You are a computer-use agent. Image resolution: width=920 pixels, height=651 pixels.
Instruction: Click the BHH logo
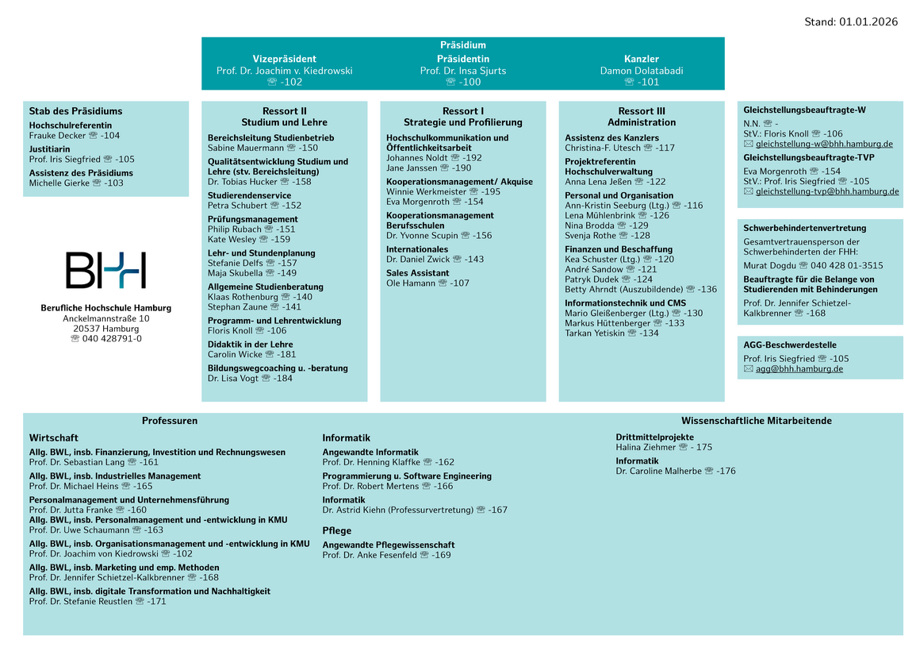[105, 270]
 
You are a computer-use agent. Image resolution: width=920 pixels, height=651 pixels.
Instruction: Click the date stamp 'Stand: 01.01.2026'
[851, 22]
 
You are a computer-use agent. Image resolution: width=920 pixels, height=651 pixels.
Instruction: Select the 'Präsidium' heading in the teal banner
[462, 45]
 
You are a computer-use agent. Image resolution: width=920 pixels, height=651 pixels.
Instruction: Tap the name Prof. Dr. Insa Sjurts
[462, 71]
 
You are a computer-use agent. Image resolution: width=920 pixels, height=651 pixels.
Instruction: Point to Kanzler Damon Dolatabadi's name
[641, 71]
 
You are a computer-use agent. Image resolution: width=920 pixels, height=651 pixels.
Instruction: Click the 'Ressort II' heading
[284, 111]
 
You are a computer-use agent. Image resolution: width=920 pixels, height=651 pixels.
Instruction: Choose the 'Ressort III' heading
[641, 111]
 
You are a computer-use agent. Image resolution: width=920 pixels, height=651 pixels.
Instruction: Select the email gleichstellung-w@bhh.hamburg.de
[824, 144]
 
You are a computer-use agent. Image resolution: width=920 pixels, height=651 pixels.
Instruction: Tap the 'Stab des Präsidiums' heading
[75, 111]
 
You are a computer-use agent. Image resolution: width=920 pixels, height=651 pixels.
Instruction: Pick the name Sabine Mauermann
[244, 148]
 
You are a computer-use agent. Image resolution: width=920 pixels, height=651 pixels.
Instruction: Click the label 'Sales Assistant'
[417, 273]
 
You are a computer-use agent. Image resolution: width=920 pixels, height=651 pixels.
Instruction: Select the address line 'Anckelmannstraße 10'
[105, 318]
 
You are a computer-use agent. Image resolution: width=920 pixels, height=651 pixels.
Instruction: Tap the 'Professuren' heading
[170, 421]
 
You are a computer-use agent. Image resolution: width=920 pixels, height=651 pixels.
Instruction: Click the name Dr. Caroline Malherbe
[658, 472]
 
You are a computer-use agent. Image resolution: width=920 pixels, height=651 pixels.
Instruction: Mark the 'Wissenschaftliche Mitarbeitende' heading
[756, 421]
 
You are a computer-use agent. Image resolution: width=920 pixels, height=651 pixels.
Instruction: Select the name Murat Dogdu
[769, 266]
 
